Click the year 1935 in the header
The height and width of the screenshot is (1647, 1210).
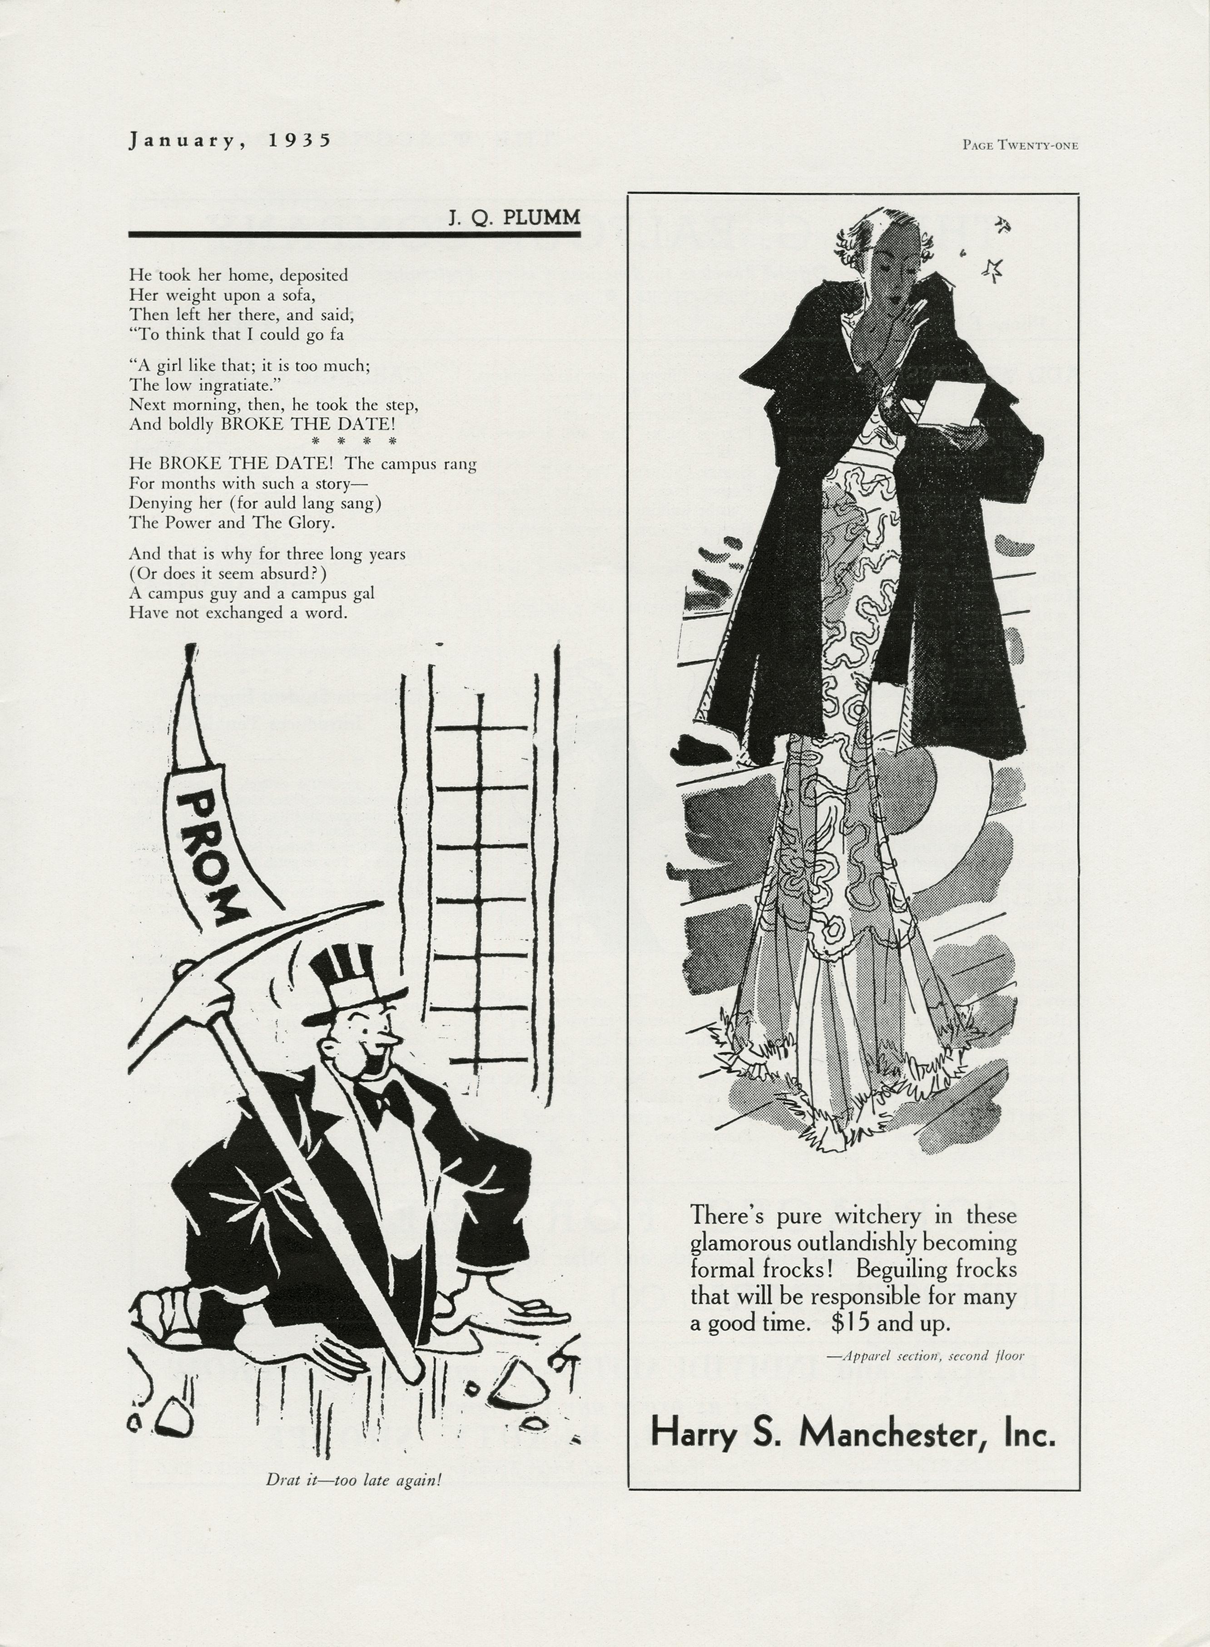point(300,140)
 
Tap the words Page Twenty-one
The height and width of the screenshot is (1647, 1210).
point(1020,145)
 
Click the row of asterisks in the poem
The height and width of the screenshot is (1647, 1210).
point(354,441)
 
